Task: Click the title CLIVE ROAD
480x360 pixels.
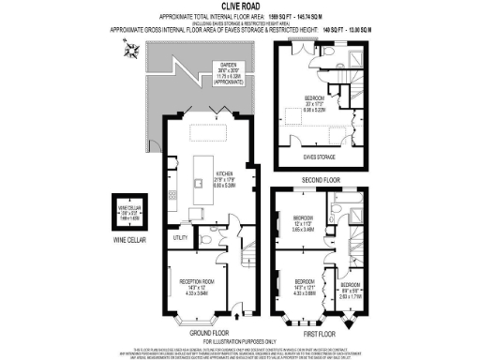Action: click(x=239, y=7)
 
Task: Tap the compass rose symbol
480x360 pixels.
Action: click(x=130, y=52)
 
